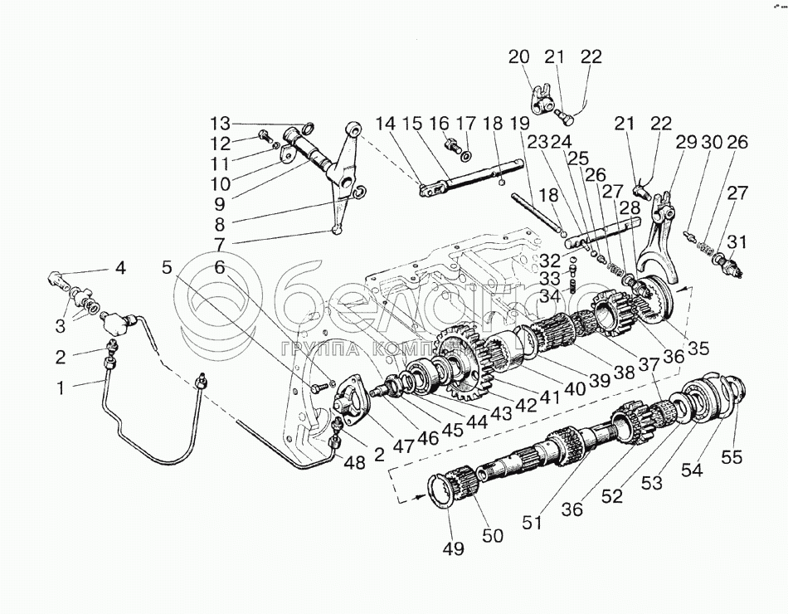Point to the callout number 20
tap(518, 57)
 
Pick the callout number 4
tap(121, 268)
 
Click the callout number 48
tap(355, 462)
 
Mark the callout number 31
tap(736, 241)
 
